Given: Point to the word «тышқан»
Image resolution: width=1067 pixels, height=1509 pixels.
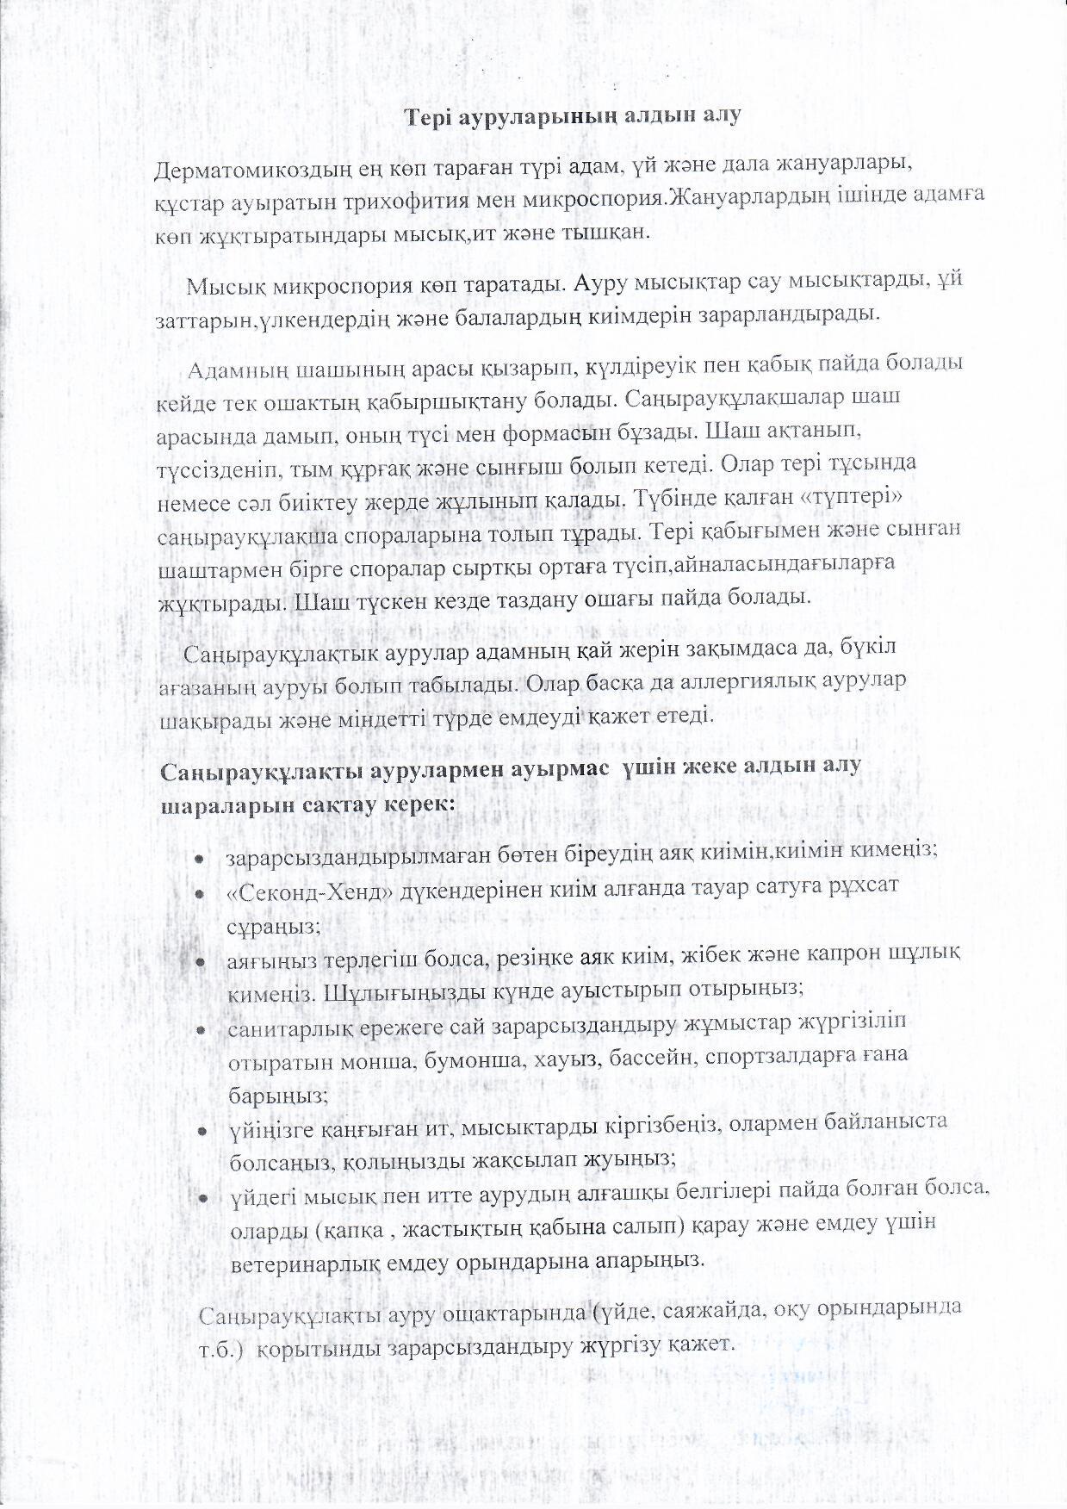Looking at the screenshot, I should (x=605, y=233).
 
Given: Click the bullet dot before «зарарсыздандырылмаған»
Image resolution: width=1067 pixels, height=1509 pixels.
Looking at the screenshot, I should (x=199, y=860).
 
